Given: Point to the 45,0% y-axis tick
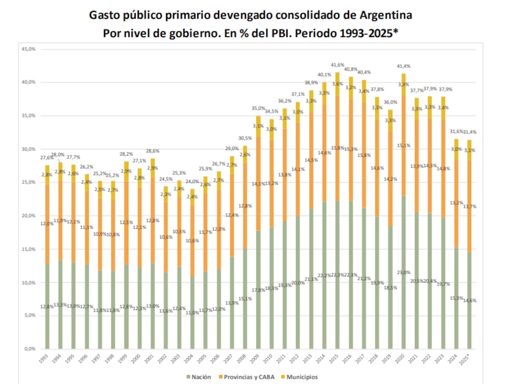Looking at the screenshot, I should coord(28,49).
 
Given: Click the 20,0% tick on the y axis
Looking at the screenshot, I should coord(28,216).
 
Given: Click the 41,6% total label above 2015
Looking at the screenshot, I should coord(338,65).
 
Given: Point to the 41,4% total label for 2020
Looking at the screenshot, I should coord(404,66).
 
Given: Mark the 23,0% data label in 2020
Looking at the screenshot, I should coord(404,272).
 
